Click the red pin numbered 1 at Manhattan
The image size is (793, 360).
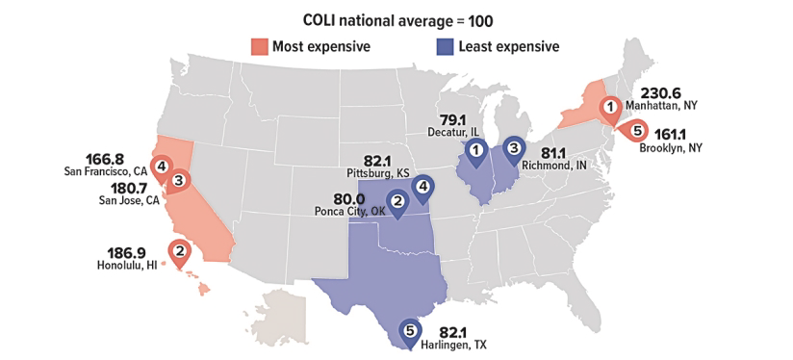point(609,108)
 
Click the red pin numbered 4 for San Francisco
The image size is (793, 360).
point(161,167)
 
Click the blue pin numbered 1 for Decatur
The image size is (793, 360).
point(475,149)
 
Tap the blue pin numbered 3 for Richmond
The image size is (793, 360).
point(515,147)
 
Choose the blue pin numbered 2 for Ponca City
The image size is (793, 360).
point(396,201)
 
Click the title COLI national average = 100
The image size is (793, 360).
point(396,19)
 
